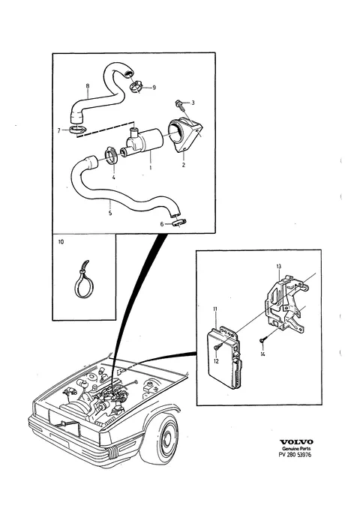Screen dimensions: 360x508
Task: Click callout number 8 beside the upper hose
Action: pos(88,86)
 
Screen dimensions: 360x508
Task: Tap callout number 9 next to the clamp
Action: pos(154,88)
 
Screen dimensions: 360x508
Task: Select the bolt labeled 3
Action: pos(179,104)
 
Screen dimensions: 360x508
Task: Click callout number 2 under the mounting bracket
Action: pos(184,165)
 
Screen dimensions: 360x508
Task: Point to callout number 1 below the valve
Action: pos(151,168)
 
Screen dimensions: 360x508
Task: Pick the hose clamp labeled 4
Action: pos(112,155)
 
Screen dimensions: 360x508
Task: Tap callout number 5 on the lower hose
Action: pos(110,213)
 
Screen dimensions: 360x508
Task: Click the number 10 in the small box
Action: pos(61,242)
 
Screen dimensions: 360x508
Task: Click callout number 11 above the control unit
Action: pos(215,309)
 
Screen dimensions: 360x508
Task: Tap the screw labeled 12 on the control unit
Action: pos(217,348)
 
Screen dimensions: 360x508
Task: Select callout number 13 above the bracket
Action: pos(279,267)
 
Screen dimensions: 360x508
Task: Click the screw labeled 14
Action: pos(262,340)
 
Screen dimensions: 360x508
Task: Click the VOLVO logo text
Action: pos(296,442)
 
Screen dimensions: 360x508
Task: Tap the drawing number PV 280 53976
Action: pos(295,455)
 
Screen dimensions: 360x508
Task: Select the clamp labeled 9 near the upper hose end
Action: pos(137,87)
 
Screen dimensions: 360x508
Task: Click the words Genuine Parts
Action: pos(296,449)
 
